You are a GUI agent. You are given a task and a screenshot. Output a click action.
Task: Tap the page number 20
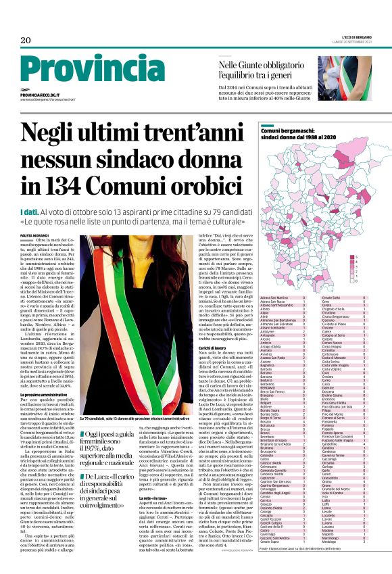26,41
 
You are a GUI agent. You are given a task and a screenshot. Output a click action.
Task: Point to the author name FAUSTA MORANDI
33,235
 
